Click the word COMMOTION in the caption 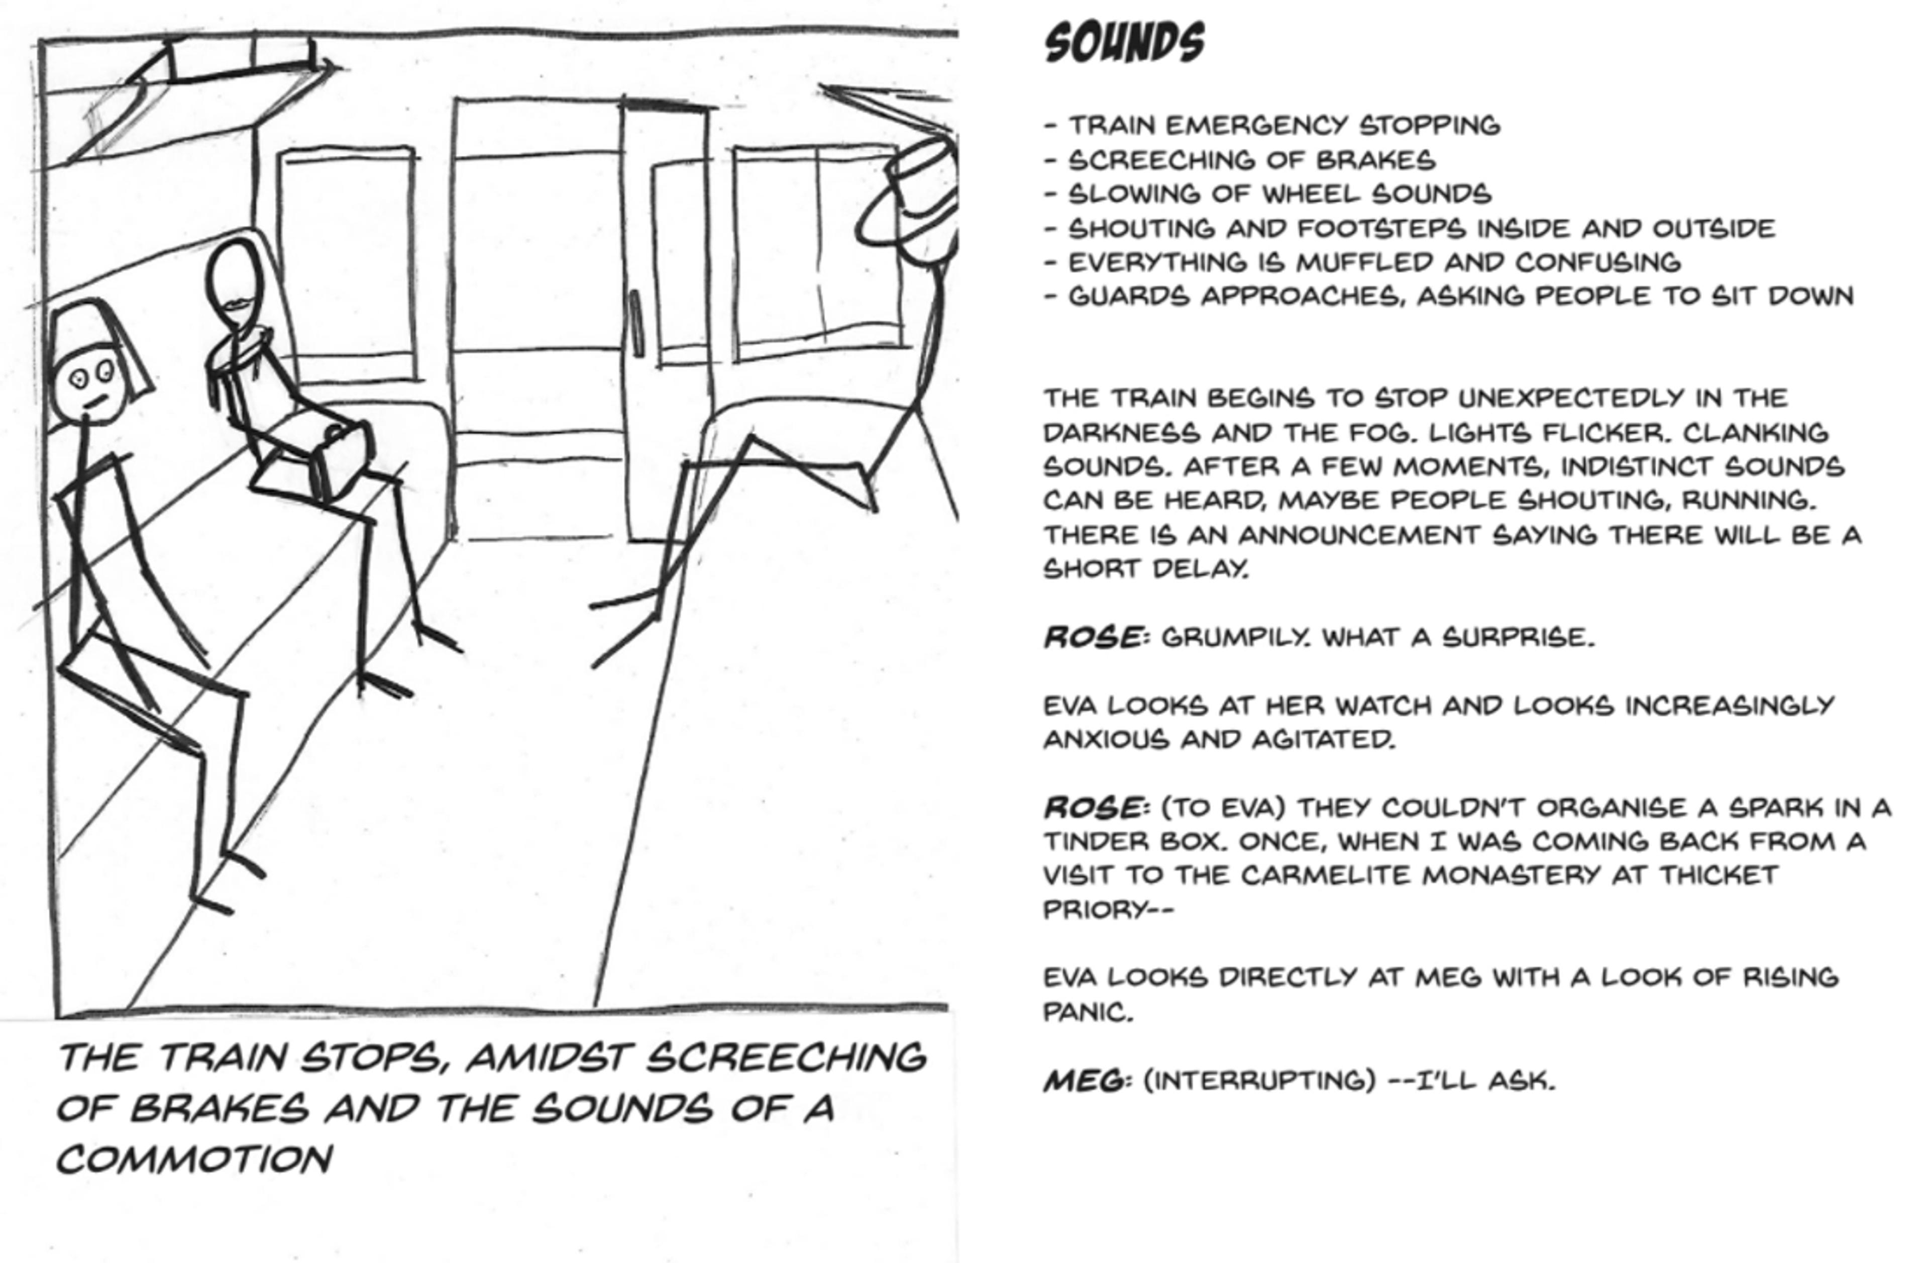pyautogui.click(x=194, y=1159)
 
